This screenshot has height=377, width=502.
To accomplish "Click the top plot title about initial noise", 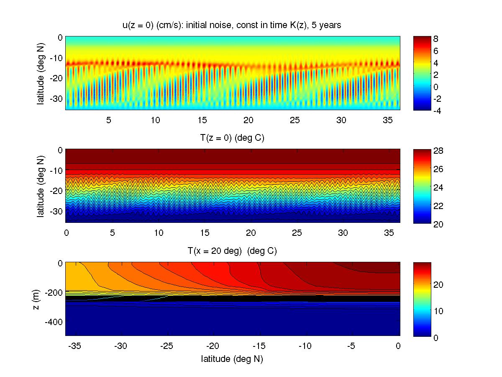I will pos(232,26).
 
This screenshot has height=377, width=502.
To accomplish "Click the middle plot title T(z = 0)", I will pos(232,138).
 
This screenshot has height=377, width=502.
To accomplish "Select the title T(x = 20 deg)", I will pos(232,251).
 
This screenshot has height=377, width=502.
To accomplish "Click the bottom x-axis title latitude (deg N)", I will pos(232,359).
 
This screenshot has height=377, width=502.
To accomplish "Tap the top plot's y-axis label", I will pos(41,73).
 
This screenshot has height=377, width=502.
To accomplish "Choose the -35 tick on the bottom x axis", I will pos(74,346).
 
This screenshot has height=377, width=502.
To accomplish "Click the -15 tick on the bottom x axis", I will pos(259,346).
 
